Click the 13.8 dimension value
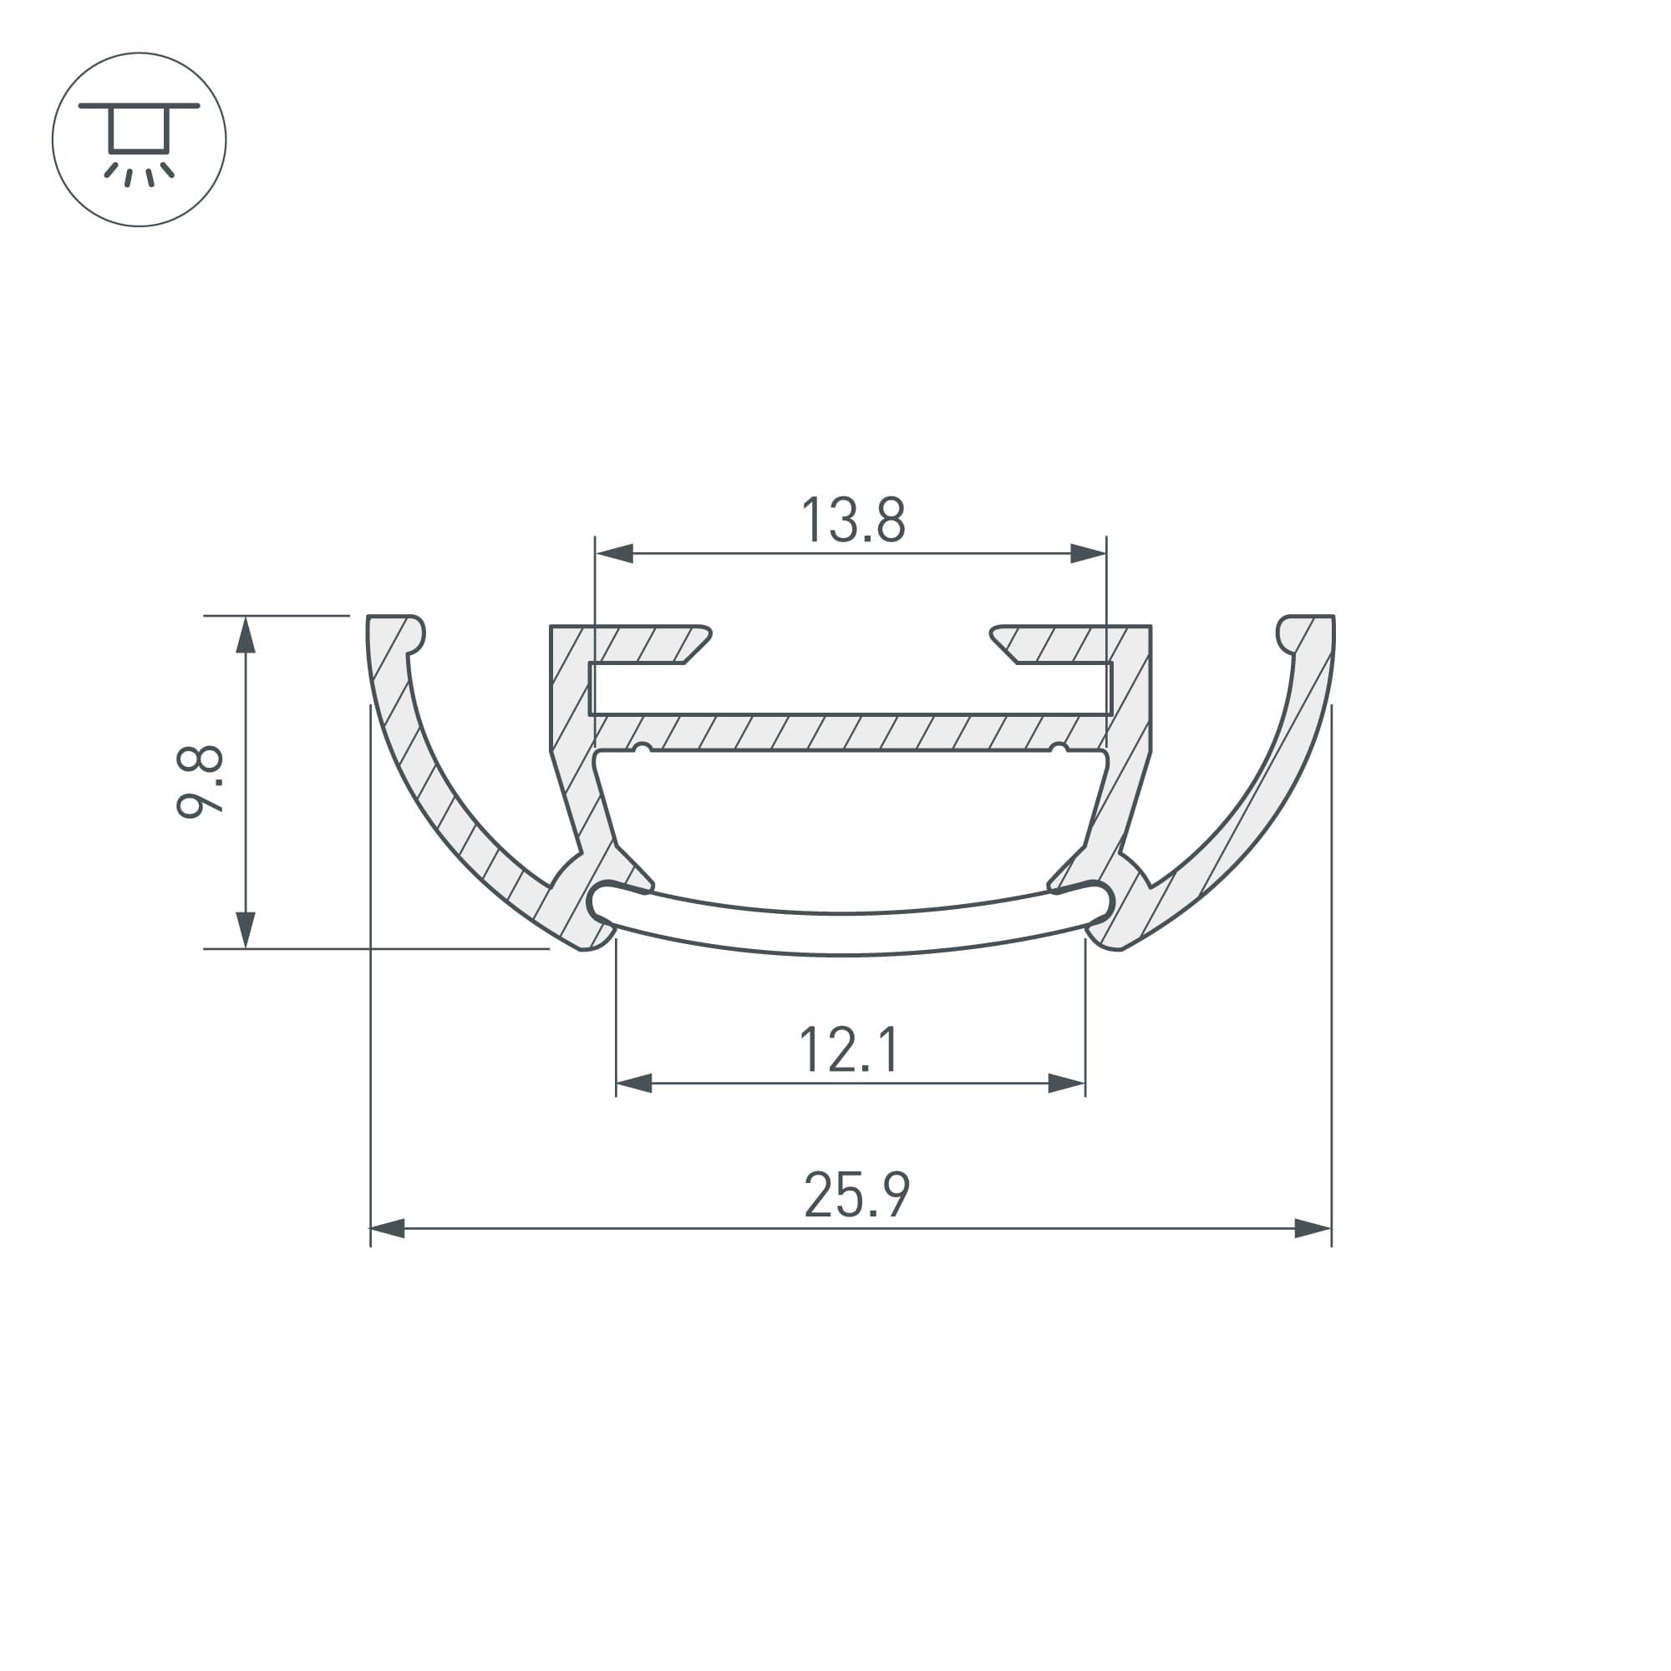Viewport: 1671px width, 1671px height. pyautogui.click(x=853, y=520)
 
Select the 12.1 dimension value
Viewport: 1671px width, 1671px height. pyautogui.click(x=850, y=1050)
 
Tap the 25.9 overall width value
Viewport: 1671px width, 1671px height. pyautogui.click(x=856, y=1196)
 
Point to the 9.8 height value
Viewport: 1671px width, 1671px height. pyautogui.click(x=200, y=782)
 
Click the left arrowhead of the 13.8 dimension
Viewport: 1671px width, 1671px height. pyautogui.click(x=614, y=554)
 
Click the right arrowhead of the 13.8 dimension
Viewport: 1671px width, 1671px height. pyautogui.click(x=1088, y=554)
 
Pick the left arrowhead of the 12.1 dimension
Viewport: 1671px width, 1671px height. pyautogui.click(x=634, y=1083)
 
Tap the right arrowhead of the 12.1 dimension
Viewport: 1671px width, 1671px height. pyautogui.click(x=1066, y=1083)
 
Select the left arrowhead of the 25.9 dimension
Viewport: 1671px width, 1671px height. pyautogui.click(x=388, y=1228)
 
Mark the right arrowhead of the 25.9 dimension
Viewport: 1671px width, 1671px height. pyautogui.click(x=1313, y=1228)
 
